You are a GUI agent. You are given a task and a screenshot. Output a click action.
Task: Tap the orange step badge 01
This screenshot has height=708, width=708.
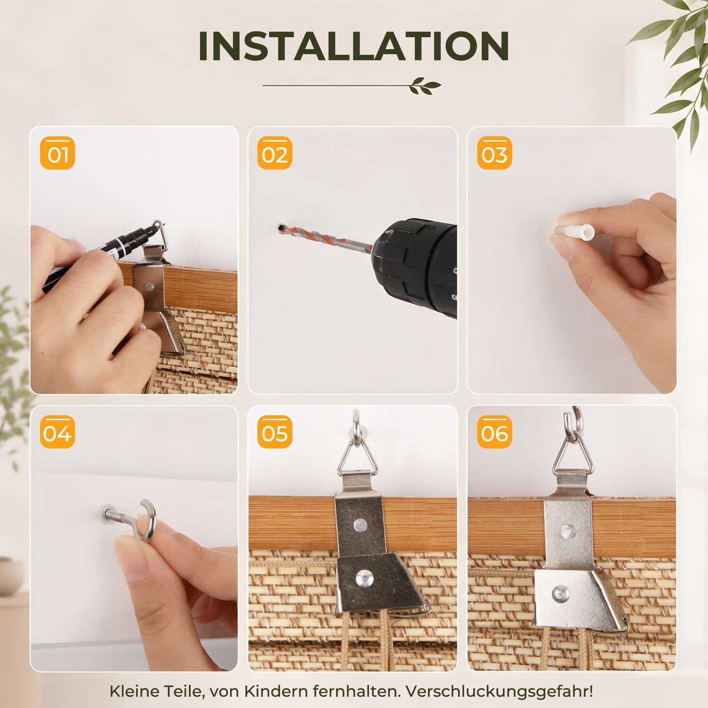[x=58, y=153]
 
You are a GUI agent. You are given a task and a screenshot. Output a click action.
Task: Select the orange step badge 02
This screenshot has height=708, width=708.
[x=275, y=153]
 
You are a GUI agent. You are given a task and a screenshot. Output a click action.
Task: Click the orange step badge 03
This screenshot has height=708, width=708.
[x=494, y=153]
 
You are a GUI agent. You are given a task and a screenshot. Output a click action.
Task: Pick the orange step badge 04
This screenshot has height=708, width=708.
[x=58, y=432]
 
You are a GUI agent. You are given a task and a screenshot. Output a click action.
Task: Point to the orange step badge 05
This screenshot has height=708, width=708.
[x=275, y=432]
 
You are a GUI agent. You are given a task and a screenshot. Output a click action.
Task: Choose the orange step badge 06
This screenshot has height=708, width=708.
[x=494, y=432]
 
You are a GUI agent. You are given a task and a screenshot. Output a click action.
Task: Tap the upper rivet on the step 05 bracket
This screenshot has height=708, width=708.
[x=360, y=525]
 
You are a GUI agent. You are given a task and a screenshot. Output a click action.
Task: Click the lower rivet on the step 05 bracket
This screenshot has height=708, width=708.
[x=364, y=578]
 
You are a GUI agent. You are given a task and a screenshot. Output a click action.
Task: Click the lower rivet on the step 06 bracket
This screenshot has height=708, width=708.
[x=560, y=593]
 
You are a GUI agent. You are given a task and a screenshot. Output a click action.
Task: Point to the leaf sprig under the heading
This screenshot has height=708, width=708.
[x=425, y=86]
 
